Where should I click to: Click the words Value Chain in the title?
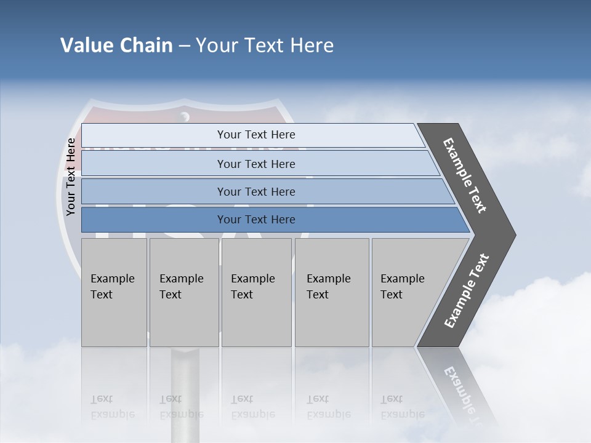[x=116, y=46]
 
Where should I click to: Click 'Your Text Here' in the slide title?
[x=265, y=46]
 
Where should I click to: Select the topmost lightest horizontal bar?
[x=255, y=135]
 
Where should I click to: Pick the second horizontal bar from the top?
[x=255, y=164]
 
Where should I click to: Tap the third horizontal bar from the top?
[x=255, y=191]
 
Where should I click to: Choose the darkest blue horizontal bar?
[x=255, y=220]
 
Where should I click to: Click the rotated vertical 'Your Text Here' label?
[x=71, y=177]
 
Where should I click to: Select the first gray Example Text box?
[x=114, y=292]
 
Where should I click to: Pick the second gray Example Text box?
[x=183, y=292]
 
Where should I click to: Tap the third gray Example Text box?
[x=255, y=292]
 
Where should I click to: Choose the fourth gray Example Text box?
[x=331, y=292]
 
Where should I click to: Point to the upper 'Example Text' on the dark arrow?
[x=465, y=176]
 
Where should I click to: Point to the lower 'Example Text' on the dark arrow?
[x=467, y=290]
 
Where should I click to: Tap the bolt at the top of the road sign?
[x=184, y=116]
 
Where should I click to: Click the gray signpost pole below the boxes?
[x=185, y=369]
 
